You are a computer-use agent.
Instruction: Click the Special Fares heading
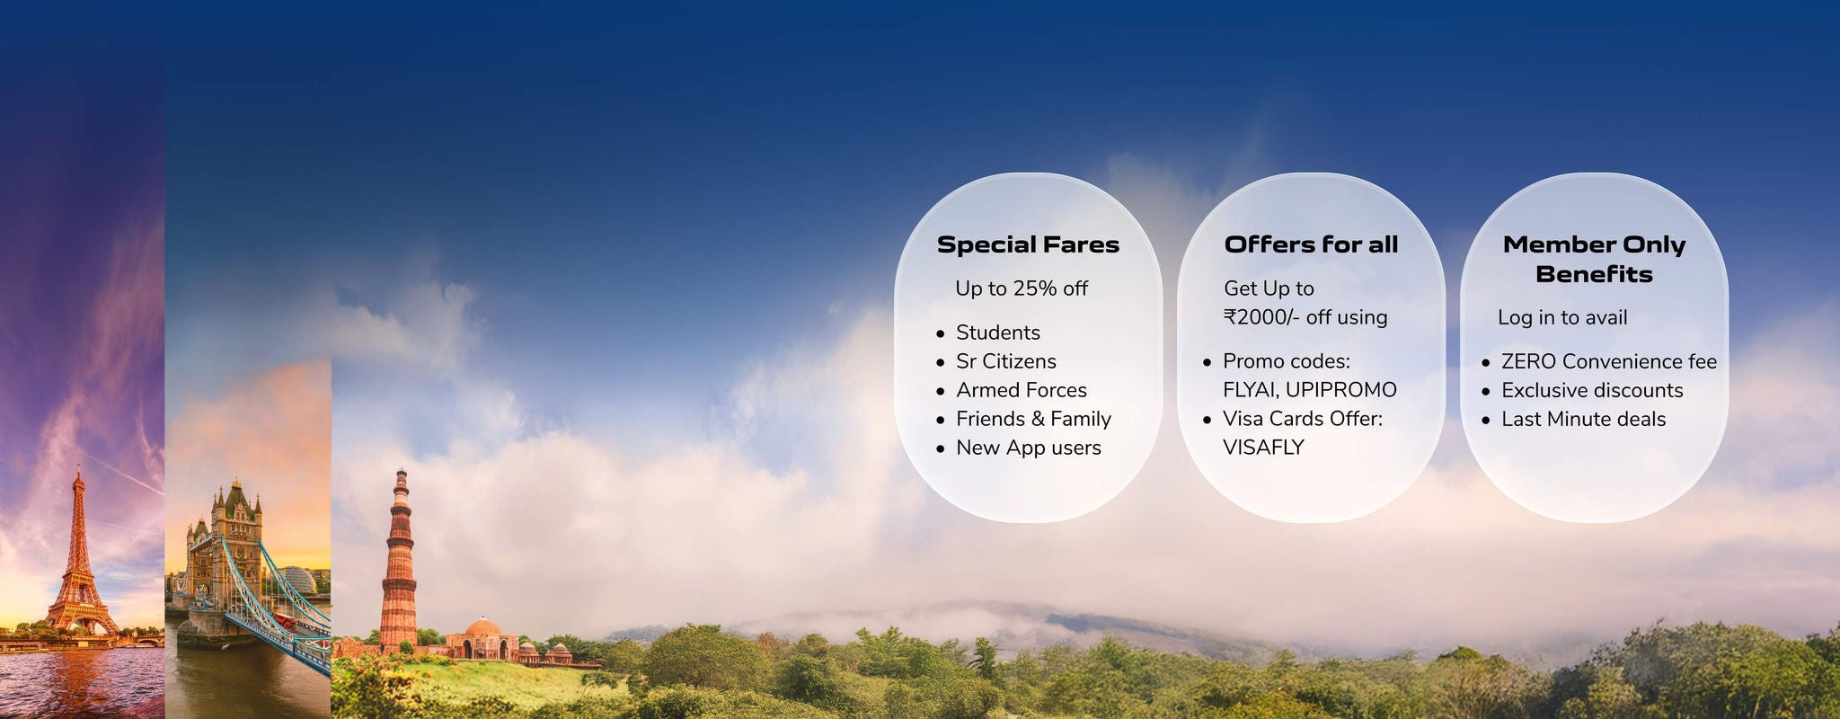pyautogui.click(x=1028, y=244)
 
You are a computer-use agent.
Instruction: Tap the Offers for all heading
pyautogui.click(x=1311, y=244)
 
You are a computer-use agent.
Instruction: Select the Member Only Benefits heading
pyautogui.click(x=1594, y=259)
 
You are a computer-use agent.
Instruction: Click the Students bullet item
pyautogui.click(x=997, y=333)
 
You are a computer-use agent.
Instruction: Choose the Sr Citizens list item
pyautogui.click(x=1005, y=361)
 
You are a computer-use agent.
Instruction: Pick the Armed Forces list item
pyautogui.click(x=1021, y=390)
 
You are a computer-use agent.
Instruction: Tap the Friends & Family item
pyautogui.click(x=1033, y=419)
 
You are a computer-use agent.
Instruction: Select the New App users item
pyautogui.click(x=1028, y=448)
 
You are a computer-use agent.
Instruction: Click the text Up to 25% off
pyautogui.click(x=1022, y=288)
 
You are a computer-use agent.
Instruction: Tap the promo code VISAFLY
pyautogui.click(x=1263, y=448)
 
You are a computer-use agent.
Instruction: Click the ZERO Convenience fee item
pyautogui.click(x=1608, y=361)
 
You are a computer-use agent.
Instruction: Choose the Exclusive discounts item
pyautogui.click(x=1592, y=390)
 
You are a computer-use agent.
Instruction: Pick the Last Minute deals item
pyautogui.click(x=1583, y=419)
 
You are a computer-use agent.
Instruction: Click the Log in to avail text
pyautogui.click(x=1562, y=317)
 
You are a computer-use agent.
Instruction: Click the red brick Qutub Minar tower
pyautogui.click(x=398, y=562)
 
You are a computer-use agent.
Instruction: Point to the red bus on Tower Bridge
pyautogui.click(x=285, y=619)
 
